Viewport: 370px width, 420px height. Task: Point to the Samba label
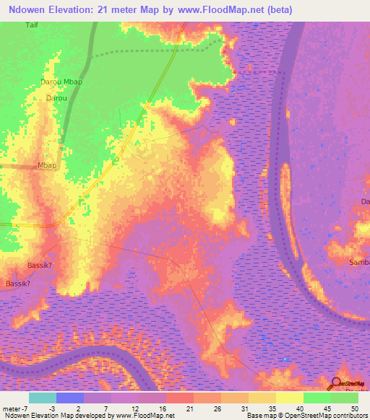point(360,261)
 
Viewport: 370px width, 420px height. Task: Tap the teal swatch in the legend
point(43,398)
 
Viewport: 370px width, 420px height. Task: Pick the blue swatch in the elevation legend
point(70,398)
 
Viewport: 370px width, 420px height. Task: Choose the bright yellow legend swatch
point(290,398)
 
